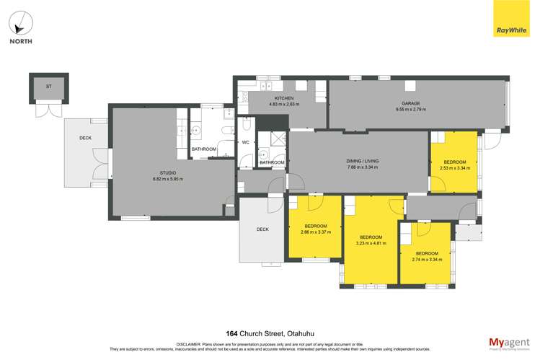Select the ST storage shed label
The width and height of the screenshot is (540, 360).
[x=49, y=87]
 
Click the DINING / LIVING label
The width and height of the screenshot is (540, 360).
[x=362, y=161]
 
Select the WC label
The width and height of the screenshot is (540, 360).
[x=245, y=141]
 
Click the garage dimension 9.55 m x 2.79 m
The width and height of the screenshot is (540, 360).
[x=411, y=110]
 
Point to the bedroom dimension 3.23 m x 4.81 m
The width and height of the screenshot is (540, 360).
[x=371, y=243]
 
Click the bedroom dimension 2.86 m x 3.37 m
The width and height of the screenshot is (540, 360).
[x=315, y=232]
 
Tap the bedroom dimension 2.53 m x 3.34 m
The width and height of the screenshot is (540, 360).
[x=454, y=168]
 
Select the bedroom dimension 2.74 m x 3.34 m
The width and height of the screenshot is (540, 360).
[x=427, y=259]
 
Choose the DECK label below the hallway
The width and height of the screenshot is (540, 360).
[x=262, y=229]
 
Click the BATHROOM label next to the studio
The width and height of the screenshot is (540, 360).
[x=203, y=149]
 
